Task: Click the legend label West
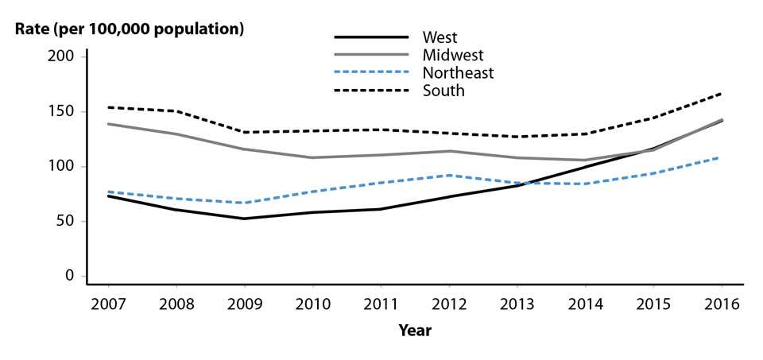(440, 37)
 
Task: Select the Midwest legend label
(454, 55)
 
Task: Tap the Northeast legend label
(459, 73)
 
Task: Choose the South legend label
(443, 91)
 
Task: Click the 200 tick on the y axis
(65, 56)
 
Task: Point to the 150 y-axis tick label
(65, 111)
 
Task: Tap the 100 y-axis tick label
(65, 166)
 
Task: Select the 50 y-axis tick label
(68, 221)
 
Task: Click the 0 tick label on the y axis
(72, 276)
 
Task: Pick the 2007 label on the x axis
(107, 304)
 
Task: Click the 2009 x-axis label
(244, 304)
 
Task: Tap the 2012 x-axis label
(449, 304)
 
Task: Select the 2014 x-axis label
(586, 304)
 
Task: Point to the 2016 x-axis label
(722, 304)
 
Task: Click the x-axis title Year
(415, 331)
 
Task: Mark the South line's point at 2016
(722, 93)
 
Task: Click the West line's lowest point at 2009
(244, 219)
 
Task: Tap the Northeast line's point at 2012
(449, 175)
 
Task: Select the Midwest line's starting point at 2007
(107, 123)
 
